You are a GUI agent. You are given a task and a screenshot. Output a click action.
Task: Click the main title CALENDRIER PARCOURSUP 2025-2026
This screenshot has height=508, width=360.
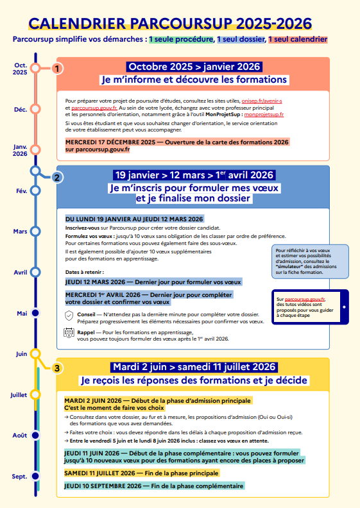point(170,24)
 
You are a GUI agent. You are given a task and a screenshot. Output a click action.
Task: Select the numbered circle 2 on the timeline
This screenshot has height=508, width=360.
point(58,178)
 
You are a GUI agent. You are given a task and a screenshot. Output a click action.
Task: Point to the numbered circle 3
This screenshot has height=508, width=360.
point(58,368)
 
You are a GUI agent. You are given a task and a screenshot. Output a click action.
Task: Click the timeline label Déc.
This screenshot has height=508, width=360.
point(21,110)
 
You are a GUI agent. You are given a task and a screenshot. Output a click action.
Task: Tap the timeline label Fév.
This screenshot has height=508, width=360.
point(21,191)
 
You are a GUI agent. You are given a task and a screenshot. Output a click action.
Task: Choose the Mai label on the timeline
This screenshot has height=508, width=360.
point(22,313)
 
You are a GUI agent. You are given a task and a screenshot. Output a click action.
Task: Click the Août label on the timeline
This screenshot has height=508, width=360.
point(20,435)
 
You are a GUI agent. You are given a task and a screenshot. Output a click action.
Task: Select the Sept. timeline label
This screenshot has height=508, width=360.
point(20,477)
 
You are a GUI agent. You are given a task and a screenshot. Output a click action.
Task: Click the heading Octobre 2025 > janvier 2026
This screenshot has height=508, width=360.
point(193,66)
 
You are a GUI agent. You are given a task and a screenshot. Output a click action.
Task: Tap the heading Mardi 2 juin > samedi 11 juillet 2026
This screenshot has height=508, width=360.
point(193,367)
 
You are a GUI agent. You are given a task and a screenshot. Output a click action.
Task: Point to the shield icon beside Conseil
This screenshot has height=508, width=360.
point(69,315)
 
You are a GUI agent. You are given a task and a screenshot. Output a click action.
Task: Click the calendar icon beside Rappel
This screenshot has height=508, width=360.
point(69,333)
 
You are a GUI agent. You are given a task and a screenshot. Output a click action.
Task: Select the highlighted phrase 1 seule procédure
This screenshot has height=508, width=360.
point(181,39)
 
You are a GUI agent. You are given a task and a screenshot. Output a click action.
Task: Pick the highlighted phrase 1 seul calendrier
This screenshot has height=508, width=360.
point(297,39)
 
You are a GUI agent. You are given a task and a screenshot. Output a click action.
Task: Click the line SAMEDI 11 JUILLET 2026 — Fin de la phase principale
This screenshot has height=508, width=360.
point(141,473)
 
